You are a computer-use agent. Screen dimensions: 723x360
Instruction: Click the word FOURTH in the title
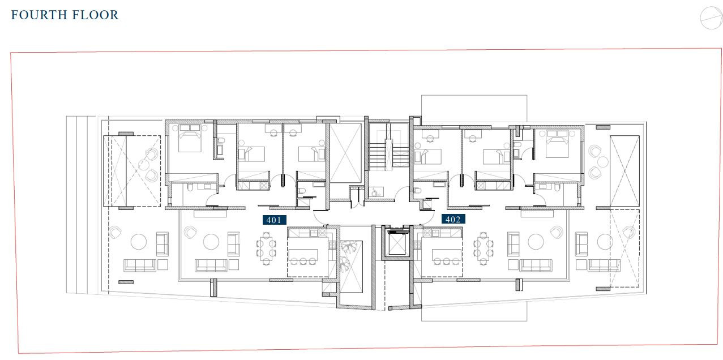pos(39,15)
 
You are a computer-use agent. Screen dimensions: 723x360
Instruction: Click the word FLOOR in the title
pos(96,15)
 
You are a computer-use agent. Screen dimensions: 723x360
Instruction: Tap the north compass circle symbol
pos(711,18)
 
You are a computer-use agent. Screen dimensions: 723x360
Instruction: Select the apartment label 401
pos(274,220)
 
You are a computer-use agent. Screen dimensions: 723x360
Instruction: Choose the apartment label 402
pos(453,220)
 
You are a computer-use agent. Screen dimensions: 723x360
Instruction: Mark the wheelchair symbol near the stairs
pos(375,192)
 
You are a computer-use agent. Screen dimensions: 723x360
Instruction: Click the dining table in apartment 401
pos(266,248)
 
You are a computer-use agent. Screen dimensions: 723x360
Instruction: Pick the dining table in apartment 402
pos(483,248)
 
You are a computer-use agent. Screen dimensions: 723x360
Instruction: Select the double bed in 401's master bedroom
pos(190,138)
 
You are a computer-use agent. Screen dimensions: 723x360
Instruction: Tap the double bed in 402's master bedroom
pos(557,144)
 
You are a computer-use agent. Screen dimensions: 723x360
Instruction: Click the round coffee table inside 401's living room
pos(211,242)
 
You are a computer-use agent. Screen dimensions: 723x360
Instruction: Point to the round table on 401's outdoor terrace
pos(139,242)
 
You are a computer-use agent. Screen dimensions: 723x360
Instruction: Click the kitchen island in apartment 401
pos(303,255)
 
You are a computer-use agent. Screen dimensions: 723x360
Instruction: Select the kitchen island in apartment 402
pos(446,255)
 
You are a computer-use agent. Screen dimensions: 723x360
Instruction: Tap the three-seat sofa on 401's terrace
pos(140,265)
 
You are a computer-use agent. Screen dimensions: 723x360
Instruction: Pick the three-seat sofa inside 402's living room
pos(536,265)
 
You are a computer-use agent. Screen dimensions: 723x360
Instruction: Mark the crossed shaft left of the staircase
pos(345,153)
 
